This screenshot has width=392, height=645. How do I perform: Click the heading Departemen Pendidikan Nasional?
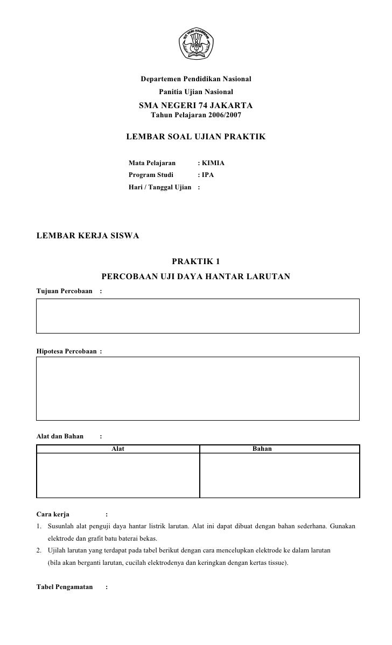point(196,80)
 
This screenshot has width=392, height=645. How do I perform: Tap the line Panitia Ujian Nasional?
point(196,93)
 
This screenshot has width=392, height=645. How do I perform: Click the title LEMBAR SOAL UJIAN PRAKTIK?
point(196,137)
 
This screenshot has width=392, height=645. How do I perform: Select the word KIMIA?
point(213,162)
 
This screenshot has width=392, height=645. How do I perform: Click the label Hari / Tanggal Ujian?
point(160,187)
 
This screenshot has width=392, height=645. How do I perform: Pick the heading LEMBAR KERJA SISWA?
point(87,236)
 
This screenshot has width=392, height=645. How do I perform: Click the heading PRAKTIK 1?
point(196,262)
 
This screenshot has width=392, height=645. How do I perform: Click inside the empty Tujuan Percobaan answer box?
point(198,316)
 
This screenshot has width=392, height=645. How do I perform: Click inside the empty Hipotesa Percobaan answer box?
point(198,388)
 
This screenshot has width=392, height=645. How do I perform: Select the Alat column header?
point(117,449)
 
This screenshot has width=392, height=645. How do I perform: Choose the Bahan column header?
point(262,449)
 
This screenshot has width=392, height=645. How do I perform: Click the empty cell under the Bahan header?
point(279,475)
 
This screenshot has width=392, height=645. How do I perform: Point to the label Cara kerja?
point(53,514)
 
